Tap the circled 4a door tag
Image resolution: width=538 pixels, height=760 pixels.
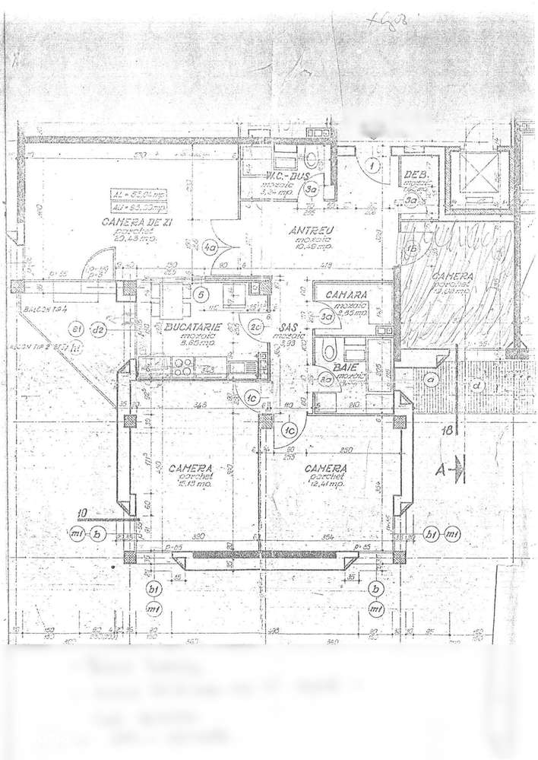point(210,246)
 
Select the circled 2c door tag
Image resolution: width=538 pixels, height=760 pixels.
point(257,327)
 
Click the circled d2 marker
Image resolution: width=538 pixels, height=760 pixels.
point(97,329)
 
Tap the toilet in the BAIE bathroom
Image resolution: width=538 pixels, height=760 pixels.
point(328,351)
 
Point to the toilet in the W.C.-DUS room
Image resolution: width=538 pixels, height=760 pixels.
point(312,160)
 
